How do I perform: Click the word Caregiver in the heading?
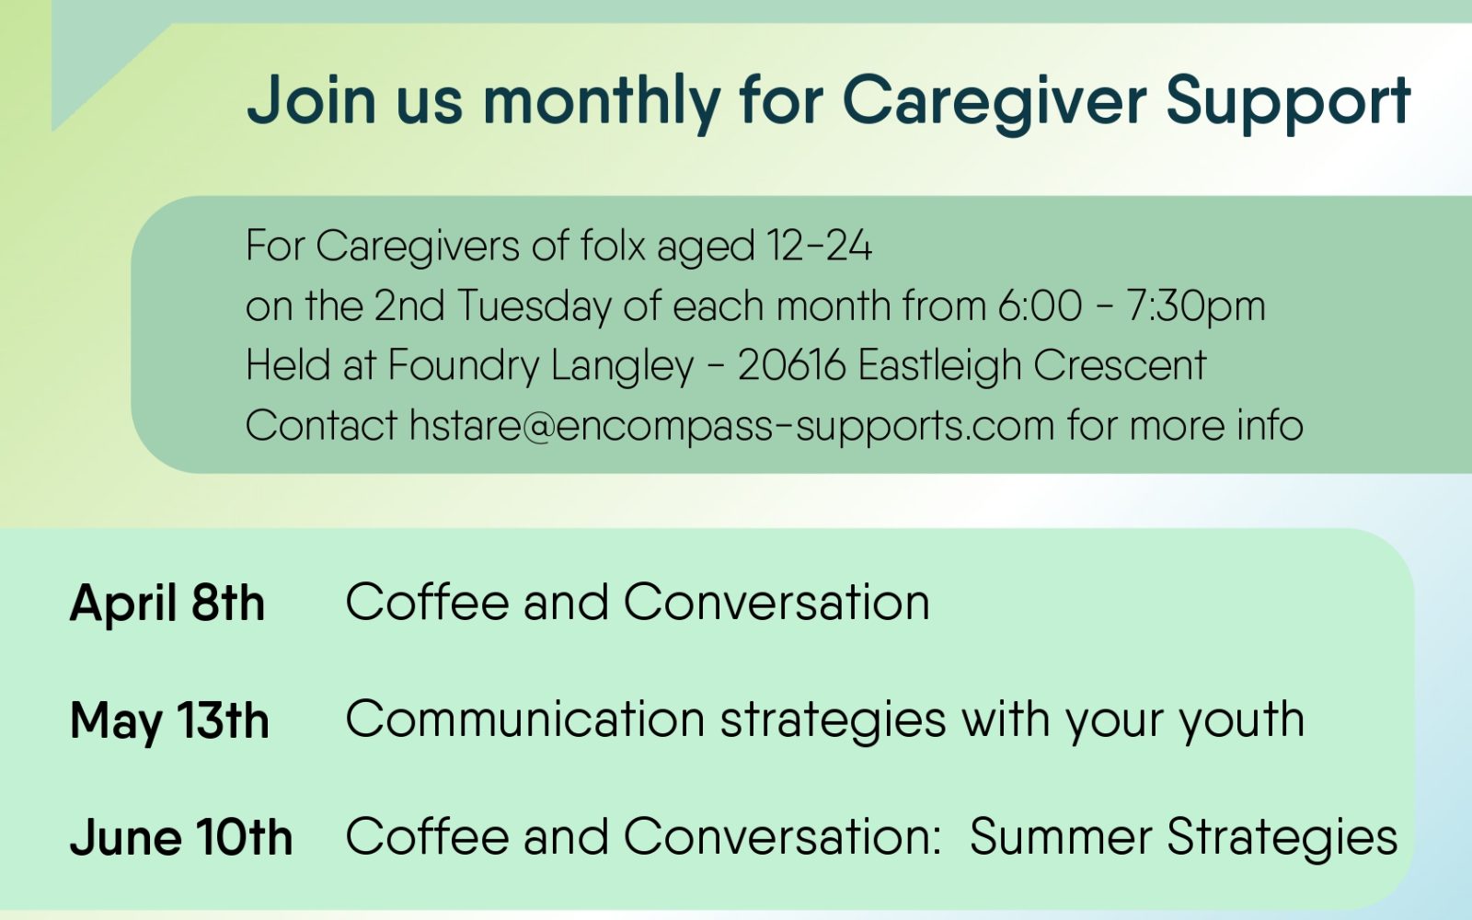point(995,101)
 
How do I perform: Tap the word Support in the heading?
point(1289,101)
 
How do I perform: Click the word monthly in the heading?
point(602,101)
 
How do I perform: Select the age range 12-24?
point(819,246)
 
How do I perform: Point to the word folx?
point(613,245)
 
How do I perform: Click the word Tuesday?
point(535,306)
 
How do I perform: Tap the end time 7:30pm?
point(1196,306)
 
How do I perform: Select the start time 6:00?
point(1040,306)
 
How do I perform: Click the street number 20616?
point(791,365)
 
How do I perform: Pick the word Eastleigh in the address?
point(939,365)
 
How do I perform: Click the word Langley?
point(622,365)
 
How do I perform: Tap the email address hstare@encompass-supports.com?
point(731,426)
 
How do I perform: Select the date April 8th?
point(167,603)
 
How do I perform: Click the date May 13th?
point(169,721)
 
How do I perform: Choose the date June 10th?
point(180,838)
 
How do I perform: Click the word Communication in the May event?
point(525,719)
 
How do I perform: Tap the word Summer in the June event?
point(1061,837)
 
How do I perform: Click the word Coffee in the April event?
point(427,602)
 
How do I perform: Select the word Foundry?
point(464,365)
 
